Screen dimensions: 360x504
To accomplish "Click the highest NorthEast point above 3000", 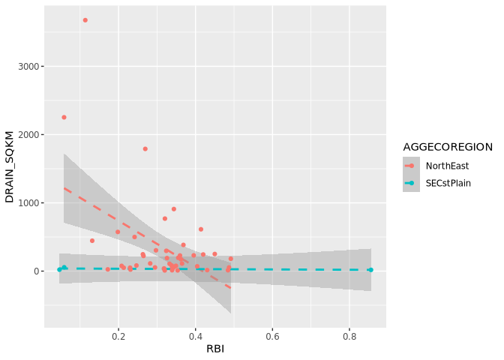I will [x=85, y=20].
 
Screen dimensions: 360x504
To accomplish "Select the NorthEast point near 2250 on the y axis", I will [x=64, y=117].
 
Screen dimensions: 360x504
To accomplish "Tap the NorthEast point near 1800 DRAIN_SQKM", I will [x=145, y=148].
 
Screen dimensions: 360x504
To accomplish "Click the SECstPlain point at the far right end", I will [x=370, y=270].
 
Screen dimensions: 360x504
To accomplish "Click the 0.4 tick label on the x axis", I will [x=196, y=338].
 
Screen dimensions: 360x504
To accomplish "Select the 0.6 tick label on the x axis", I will [x=272, y=338].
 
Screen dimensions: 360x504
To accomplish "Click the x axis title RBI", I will [x=215, y=349].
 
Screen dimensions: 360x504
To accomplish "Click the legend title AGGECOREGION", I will [x=447, y=146].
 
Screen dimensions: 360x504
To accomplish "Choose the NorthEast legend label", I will [x=448, y=166].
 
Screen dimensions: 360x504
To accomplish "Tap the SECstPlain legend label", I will [x=448, y=183].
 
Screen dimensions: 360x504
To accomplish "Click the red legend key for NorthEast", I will [x=411, y=166].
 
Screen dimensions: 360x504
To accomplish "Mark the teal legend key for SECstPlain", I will [x=411, y=183].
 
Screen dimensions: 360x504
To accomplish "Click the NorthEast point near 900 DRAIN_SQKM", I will [x=174, y=209].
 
